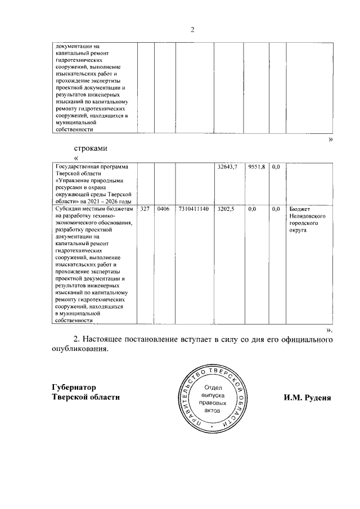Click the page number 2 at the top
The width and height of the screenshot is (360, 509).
click(192, 30)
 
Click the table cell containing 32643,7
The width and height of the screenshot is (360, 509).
click(227, 168)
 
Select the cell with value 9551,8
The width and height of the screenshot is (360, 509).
click(256, 168)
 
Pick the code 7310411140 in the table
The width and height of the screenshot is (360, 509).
click(193, 209)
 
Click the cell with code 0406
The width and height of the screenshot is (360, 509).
click(164, 209)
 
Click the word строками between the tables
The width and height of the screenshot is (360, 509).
click(91, 148)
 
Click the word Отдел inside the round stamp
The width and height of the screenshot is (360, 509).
click(214, 388)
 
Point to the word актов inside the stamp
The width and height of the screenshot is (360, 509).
click(214, 411)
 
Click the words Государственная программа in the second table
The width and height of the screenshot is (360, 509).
click(89, 168)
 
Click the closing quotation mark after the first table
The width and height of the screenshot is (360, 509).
click(330, 139)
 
